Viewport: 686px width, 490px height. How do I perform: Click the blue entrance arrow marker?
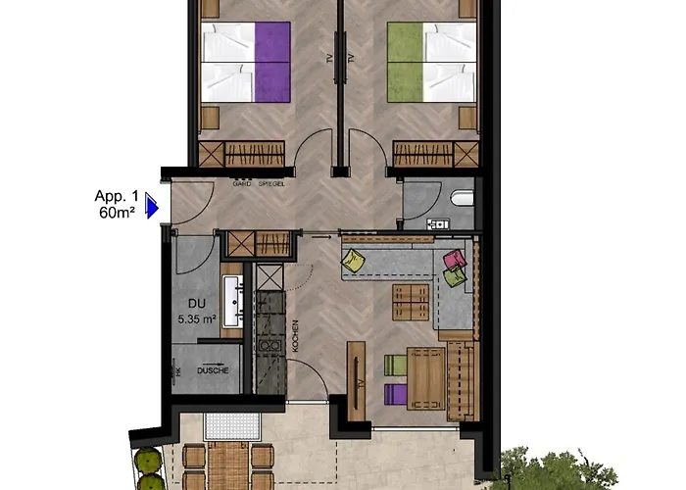pyautogui.click(x=152, y=207)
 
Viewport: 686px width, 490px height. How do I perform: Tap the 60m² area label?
pyautogui.click(x=117, y=211)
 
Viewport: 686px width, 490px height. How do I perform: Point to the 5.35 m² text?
pyautogui.click(x=195, y=319)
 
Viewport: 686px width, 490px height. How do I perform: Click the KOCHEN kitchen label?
pyautogui.click(x=294, y=336)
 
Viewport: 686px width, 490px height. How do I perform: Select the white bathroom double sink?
pyautogui.click(x=231, y=301)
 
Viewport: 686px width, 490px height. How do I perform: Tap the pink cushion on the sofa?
pyautogui.click(x=454, y=260)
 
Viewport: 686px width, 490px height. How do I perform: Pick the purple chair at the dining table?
pyautogui.click(x=395, y=395)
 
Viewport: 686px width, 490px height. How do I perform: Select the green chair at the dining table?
pyautogui.click(x=395, y=366)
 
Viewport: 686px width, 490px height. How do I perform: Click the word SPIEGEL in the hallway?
pyautogui.click(x=270, y=183)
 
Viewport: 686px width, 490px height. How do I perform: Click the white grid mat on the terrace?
pyautogui.click(x=231, y=425)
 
